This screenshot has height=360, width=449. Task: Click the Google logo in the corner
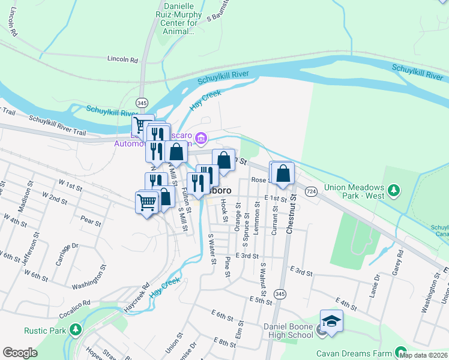pyautogui.click(x=20, y=353)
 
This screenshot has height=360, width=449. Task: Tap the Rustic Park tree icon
pyautogui.click(x=75, y=330)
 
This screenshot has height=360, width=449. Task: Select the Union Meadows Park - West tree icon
pyautogui.click(x=394, y=191)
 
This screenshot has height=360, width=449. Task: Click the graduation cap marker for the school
pyautogui.click(x=331, y=320)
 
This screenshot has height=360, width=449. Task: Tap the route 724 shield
pyautogui.click(x=311, y=191)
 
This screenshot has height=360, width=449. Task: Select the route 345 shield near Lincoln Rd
pyautogui.click(x=142, y=102)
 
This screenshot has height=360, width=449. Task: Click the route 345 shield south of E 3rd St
pyautogui.click(x=280, y=293)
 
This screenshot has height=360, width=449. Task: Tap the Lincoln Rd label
pyautogui.click(x=122, y=59)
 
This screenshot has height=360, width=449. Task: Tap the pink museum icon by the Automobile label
pyautogui.click(x=200, y=140)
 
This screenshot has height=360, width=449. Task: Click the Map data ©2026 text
pyautogui.click(x=423, y=355)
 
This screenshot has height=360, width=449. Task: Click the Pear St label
pyautogui.click(x=91, y=222)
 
